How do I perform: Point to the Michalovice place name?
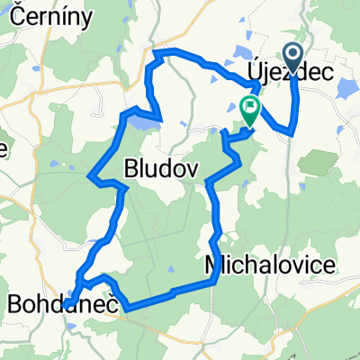270,265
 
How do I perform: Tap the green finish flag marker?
248,110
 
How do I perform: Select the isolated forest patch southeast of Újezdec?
318,163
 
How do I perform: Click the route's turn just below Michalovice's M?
214,281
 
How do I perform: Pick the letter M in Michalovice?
214,265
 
